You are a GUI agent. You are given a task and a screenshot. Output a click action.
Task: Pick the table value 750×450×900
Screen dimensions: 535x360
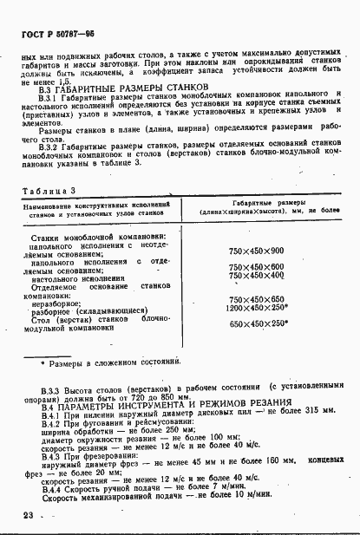pos(258,251)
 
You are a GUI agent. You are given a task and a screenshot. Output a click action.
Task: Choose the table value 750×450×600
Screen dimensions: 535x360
pos(258,267)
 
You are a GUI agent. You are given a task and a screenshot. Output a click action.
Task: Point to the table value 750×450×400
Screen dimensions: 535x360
pos(258,276)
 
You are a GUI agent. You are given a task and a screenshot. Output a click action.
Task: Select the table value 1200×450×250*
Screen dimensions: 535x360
pos(258,307)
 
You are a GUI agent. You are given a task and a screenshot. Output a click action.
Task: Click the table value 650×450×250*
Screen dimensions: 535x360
pos(258,323)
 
